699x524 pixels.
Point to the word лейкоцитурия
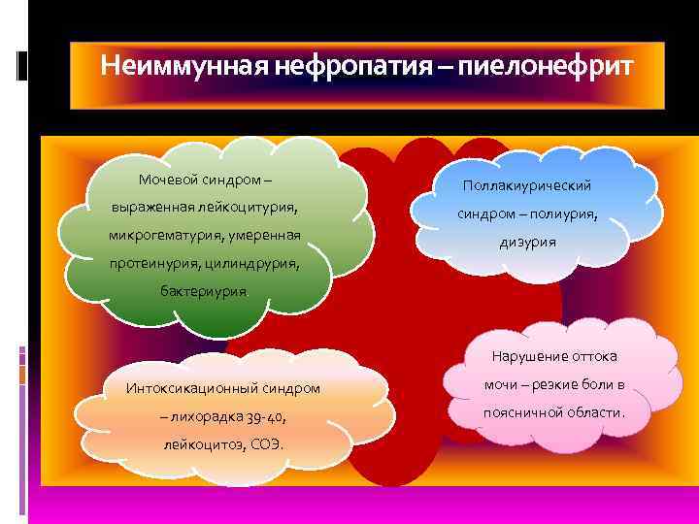[252, 207]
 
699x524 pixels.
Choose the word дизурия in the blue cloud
[529, 242]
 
